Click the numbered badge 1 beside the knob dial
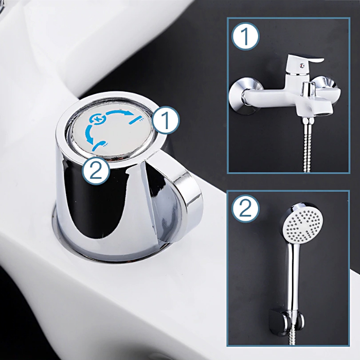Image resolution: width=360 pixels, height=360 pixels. point(165,120)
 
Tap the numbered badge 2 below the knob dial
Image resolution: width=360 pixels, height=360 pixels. point(96,171)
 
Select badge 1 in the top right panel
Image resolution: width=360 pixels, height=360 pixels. point(245,37)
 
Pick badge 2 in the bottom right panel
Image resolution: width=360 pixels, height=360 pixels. point(245,208)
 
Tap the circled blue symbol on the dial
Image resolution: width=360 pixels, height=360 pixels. point(97,119)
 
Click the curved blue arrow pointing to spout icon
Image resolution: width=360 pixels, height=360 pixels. point(118,112)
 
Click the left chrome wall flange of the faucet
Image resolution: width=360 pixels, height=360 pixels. point(245,95)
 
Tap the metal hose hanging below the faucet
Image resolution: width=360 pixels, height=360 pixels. point(307,145)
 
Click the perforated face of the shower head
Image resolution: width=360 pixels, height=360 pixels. point(302,225)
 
